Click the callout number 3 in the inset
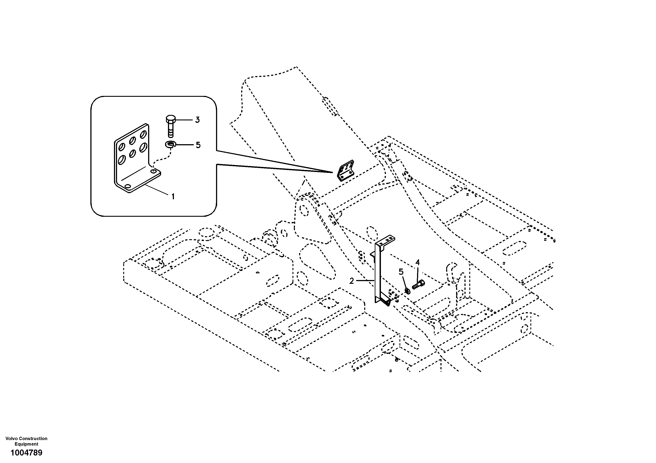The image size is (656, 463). (x=197, y=120)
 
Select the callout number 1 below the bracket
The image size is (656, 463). (x=173, y=196)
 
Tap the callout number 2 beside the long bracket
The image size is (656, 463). (x=351, y=281)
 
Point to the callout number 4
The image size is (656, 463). (x=417, y=262)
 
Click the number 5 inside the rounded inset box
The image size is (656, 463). (x=198, y=145)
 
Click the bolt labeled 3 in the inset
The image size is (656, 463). (x=171, y=126)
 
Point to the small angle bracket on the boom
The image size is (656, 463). (x=346, y=171)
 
